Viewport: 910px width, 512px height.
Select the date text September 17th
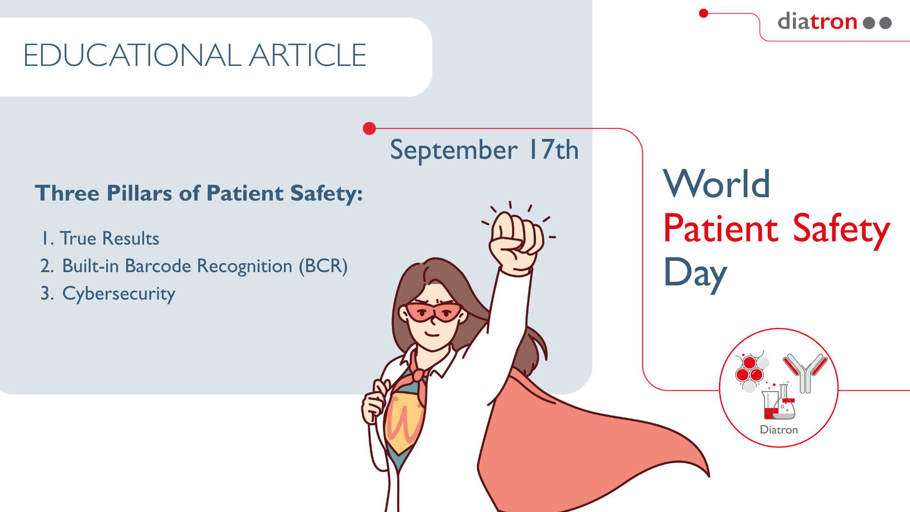(x=484, y=150)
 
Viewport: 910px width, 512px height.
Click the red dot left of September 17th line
(x=369, y=128)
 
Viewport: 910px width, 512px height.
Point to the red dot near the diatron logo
(x=704, y=13)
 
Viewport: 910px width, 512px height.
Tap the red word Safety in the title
(x=841, y=230)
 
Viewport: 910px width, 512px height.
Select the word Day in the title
(x=695, y=274)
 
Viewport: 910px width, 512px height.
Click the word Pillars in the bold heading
(x=139, y=193)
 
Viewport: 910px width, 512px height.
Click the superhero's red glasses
(x=433, y=312)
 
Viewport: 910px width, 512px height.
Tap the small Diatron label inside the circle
(x=779, y=430)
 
